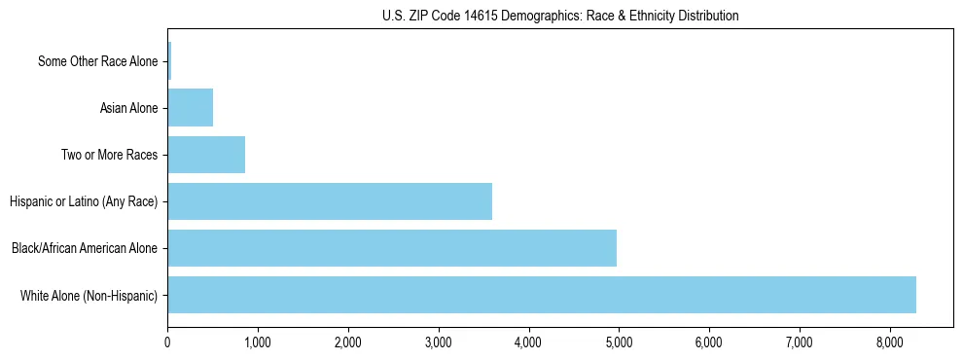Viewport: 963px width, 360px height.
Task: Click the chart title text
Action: point(560,16)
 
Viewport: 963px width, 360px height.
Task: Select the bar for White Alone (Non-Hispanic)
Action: point(542,295)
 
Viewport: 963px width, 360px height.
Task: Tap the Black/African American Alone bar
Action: point(392,248)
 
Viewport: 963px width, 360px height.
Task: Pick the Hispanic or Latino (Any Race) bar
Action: point(330,201)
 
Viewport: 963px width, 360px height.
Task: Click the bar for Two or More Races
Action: point(206,155)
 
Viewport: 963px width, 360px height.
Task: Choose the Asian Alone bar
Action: point(191,108)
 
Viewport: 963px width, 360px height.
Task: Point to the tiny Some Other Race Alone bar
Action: point(169,61)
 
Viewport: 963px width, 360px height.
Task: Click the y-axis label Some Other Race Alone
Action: point(97,61)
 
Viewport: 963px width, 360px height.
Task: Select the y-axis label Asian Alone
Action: point(128,108)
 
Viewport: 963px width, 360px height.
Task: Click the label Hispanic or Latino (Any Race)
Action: point(84,201)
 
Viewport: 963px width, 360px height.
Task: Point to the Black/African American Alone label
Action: point(85,248)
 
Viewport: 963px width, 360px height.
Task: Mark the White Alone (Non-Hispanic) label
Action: point(89,295)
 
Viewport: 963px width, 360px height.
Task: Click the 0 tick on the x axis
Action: point(167,342)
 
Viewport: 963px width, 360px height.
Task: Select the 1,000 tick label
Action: point(258,342)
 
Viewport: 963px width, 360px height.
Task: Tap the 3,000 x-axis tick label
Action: point(439,342)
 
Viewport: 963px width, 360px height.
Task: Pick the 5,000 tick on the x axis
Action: point(619,342)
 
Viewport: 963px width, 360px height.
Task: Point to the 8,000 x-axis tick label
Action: point(889,342)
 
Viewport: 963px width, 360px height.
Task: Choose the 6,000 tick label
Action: point(709,342)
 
